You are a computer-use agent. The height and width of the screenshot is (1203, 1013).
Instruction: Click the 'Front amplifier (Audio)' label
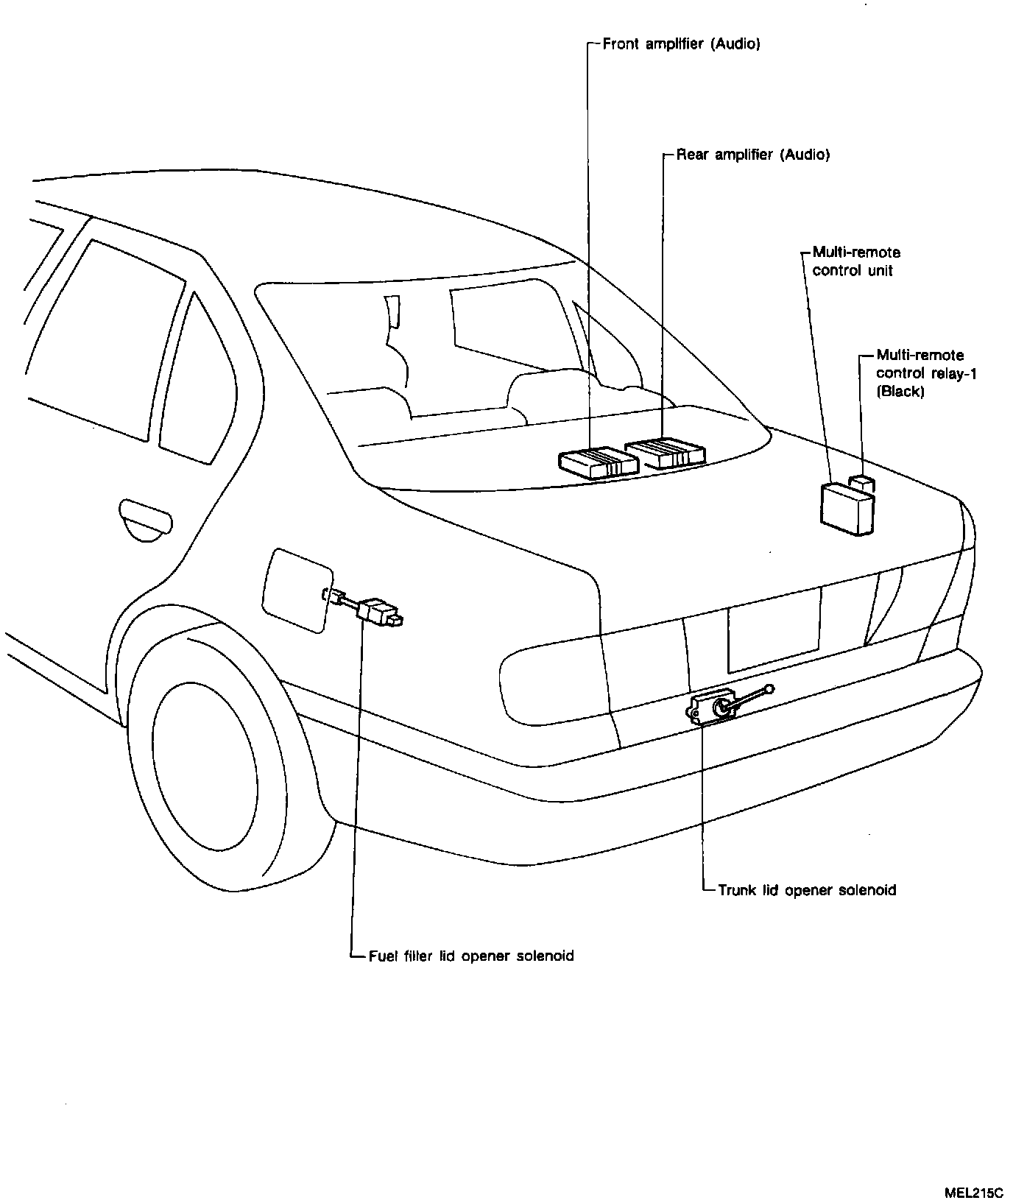(x=681, y=44)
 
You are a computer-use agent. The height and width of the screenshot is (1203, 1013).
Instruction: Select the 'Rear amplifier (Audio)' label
(x=752, y=155)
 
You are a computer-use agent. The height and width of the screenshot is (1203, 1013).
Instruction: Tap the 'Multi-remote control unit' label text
(x=855, y=261)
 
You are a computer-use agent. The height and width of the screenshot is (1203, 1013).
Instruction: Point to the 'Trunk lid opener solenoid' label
(x=807, y=890)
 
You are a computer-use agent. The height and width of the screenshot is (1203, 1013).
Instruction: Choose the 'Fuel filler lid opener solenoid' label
(x=470, y=956)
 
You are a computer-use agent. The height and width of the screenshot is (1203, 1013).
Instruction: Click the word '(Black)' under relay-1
(x=900, y=392)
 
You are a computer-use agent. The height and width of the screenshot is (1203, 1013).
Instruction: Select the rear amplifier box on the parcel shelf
(x=665, y=453)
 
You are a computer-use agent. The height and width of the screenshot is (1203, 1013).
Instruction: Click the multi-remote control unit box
(x=847, y=508)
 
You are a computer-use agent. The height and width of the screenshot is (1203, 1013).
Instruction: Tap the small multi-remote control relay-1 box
(x=862, y=483)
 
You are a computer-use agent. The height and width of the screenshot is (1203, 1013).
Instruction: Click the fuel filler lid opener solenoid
(x=378, y=611)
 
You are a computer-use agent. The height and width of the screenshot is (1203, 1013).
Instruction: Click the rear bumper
(x=663, y=795)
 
